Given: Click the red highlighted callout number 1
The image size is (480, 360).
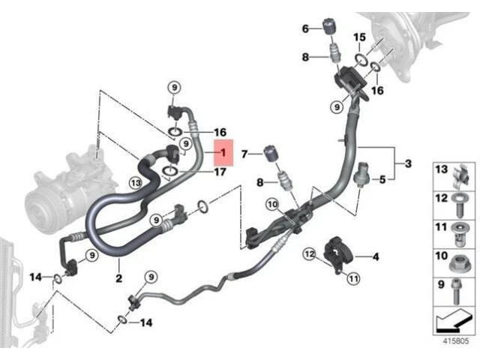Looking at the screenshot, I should coord(223,152).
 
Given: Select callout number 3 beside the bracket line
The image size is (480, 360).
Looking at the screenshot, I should coord(408,163).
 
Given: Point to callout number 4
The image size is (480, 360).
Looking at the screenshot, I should coord(376,257).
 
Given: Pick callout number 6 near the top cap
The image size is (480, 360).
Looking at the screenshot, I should coord(306,28).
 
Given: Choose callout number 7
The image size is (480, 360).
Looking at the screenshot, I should coord(243,154).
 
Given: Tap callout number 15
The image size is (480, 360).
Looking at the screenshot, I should coord(360,37).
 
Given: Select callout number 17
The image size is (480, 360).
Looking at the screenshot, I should coord(220,172).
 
